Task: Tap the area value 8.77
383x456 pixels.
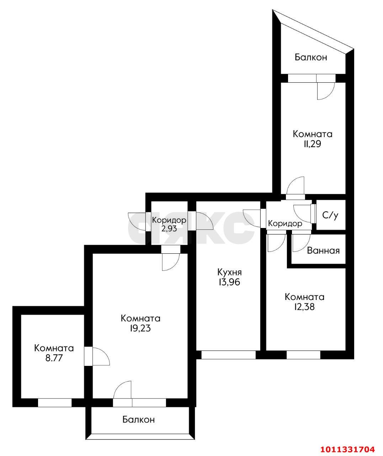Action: [x=54, y=358]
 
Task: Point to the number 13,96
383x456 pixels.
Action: [x=229, y=282]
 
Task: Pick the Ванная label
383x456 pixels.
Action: [x=323, y=251]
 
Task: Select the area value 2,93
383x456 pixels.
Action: [x=169, y=228]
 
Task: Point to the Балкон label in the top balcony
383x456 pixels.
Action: [x=311, y=57]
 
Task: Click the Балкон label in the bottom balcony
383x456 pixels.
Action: [x=139, y=420]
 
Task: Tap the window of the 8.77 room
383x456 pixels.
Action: [x=55, y=403]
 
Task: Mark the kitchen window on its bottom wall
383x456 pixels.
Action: [x=228, y=355]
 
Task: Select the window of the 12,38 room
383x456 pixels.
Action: [x=303, y=355]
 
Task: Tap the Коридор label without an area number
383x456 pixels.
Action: [x=285, y=223]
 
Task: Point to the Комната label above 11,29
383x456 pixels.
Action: [x=313, y=134]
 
